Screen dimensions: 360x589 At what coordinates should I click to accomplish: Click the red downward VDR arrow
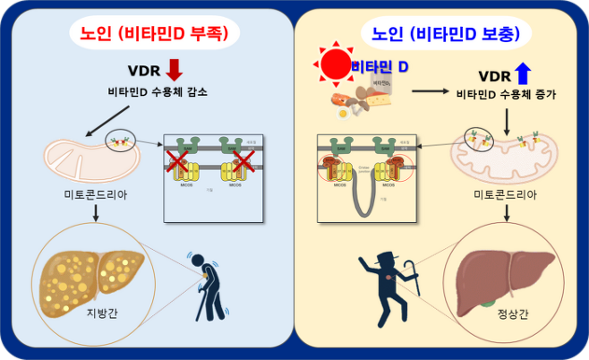[174, 70]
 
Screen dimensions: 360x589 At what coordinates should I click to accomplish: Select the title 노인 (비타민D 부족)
[149, 34]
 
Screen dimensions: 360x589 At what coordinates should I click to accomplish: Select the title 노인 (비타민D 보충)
[443, 34]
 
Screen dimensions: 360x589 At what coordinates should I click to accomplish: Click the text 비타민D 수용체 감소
[150, 92]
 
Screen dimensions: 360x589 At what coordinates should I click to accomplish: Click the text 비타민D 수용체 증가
[505, 93]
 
